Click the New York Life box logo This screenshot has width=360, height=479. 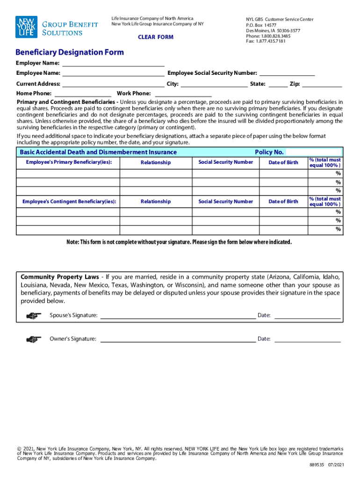[x=26, y=27]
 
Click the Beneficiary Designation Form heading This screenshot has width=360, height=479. [x=70, y=52]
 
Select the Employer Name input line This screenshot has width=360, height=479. [x=113, y=63]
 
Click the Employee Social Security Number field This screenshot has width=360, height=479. [x=287, y=73]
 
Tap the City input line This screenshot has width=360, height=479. [x=214, y=84]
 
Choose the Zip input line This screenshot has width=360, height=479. [x=322, y=84]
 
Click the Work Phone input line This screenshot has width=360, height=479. [x=184, y=94]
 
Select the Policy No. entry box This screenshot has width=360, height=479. [x=314, y=152]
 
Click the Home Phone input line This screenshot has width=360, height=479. [x=83, y=94]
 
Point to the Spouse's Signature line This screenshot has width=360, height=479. [x=178, y=315]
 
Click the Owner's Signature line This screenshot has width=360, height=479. [x=178, y=339]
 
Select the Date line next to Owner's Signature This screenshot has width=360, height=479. [x=307, y=339]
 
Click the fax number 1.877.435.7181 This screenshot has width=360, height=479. [x=272, y=41]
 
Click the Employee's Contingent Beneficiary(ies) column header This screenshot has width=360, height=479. [x=69, y=202]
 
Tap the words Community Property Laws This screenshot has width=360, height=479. [x=59, y=277]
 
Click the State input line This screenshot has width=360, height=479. [x=278, y=84]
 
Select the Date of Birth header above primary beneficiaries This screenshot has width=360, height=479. [x=283, y=162]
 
